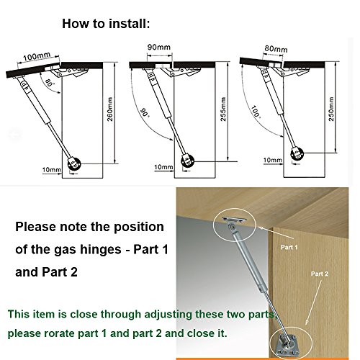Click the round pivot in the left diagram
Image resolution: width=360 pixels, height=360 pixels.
coord(73,163)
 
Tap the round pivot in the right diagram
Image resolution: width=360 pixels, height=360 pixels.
coord(296,153)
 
